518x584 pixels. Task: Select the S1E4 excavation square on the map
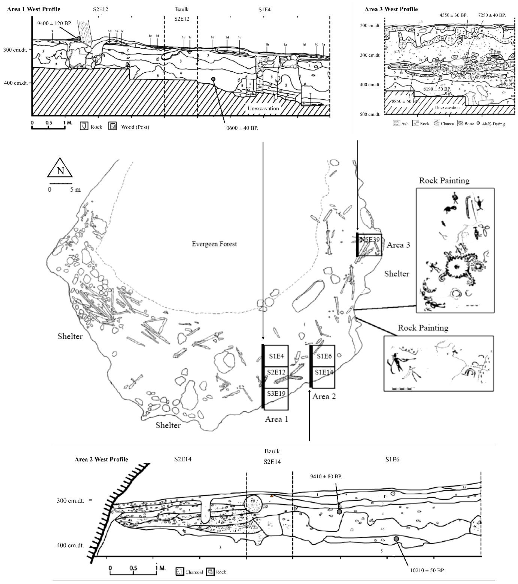[276, 356]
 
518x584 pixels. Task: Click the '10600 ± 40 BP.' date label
[240, 128]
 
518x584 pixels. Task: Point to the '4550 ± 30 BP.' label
[453, 15]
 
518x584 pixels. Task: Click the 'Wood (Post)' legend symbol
[113, 126]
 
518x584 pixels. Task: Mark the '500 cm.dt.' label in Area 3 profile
[370, 114]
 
